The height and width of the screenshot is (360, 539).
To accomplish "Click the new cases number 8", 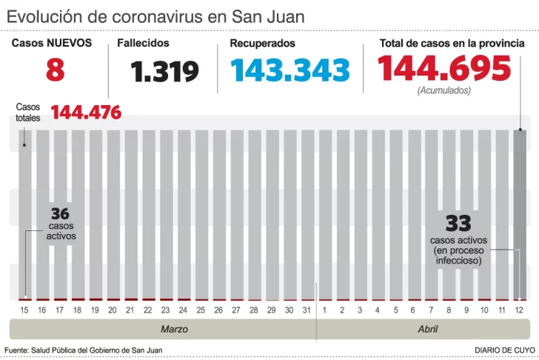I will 55,71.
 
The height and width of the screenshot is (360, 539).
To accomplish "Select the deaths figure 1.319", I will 164,72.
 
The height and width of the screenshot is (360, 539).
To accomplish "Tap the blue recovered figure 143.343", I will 289,70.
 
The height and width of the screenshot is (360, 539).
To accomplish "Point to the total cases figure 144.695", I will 444,70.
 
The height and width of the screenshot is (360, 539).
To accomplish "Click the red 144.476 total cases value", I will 86,113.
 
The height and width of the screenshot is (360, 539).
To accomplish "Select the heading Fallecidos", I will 143,43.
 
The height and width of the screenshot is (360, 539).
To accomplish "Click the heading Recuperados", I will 262,43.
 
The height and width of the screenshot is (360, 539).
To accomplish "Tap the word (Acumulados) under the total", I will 443,90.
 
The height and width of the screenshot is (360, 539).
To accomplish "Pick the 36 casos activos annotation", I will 61,222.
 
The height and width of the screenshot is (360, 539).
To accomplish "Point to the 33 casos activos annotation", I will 458,239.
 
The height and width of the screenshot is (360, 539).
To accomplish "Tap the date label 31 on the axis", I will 307,310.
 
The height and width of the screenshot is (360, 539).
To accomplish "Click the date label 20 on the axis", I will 113,310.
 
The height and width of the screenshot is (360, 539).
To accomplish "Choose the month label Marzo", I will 174,329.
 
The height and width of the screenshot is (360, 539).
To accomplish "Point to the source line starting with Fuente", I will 83,350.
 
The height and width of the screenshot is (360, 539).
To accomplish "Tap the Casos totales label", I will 28,112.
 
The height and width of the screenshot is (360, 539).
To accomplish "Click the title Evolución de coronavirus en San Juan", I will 155,16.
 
